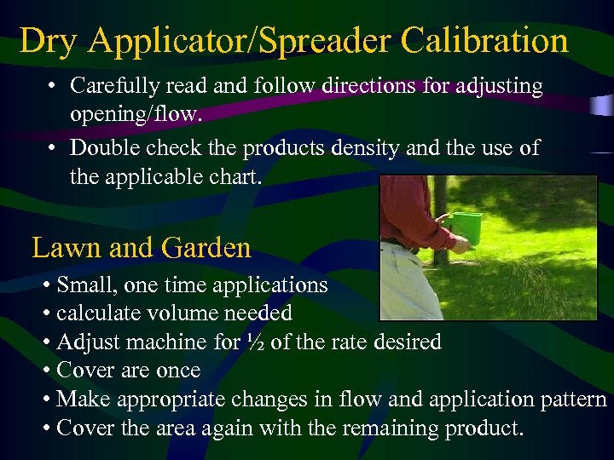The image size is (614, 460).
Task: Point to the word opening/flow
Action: [x=133, y=112]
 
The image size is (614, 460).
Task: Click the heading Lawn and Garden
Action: [x=142, y=248]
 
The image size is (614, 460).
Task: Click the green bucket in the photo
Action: [x=466, y=228]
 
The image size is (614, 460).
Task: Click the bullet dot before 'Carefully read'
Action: [x=52, y=86]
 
